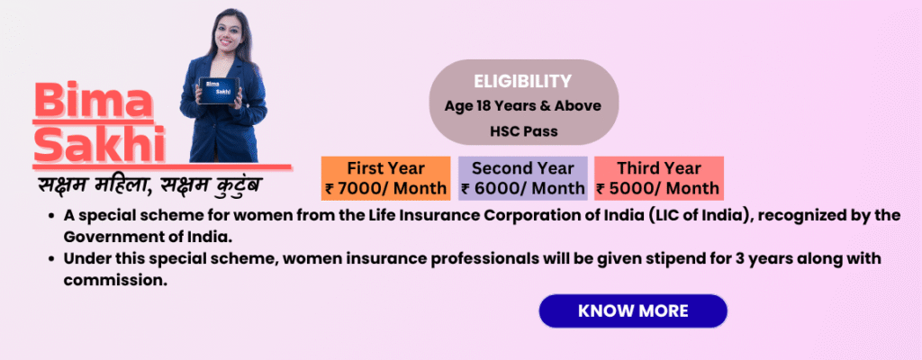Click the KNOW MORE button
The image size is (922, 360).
coord(633,310)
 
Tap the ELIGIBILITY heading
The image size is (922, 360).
coord(523,81)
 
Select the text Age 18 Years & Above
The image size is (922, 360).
coord(523,106)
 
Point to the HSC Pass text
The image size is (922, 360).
coord(523,131)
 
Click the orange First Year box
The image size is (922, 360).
coord(385,178)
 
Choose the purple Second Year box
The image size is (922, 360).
coord(523,178)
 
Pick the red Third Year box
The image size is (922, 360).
coord(658,178)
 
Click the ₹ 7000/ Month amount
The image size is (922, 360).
coord(385,189)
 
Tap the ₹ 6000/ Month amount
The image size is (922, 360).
coord(523,189)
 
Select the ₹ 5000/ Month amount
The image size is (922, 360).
coord(658,189)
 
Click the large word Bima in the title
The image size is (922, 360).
coord(94,101)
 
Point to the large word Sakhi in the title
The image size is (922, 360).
coord(99,143)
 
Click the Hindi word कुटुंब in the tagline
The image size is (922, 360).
coord(239,184)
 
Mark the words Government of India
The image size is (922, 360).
coord(149,238)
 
